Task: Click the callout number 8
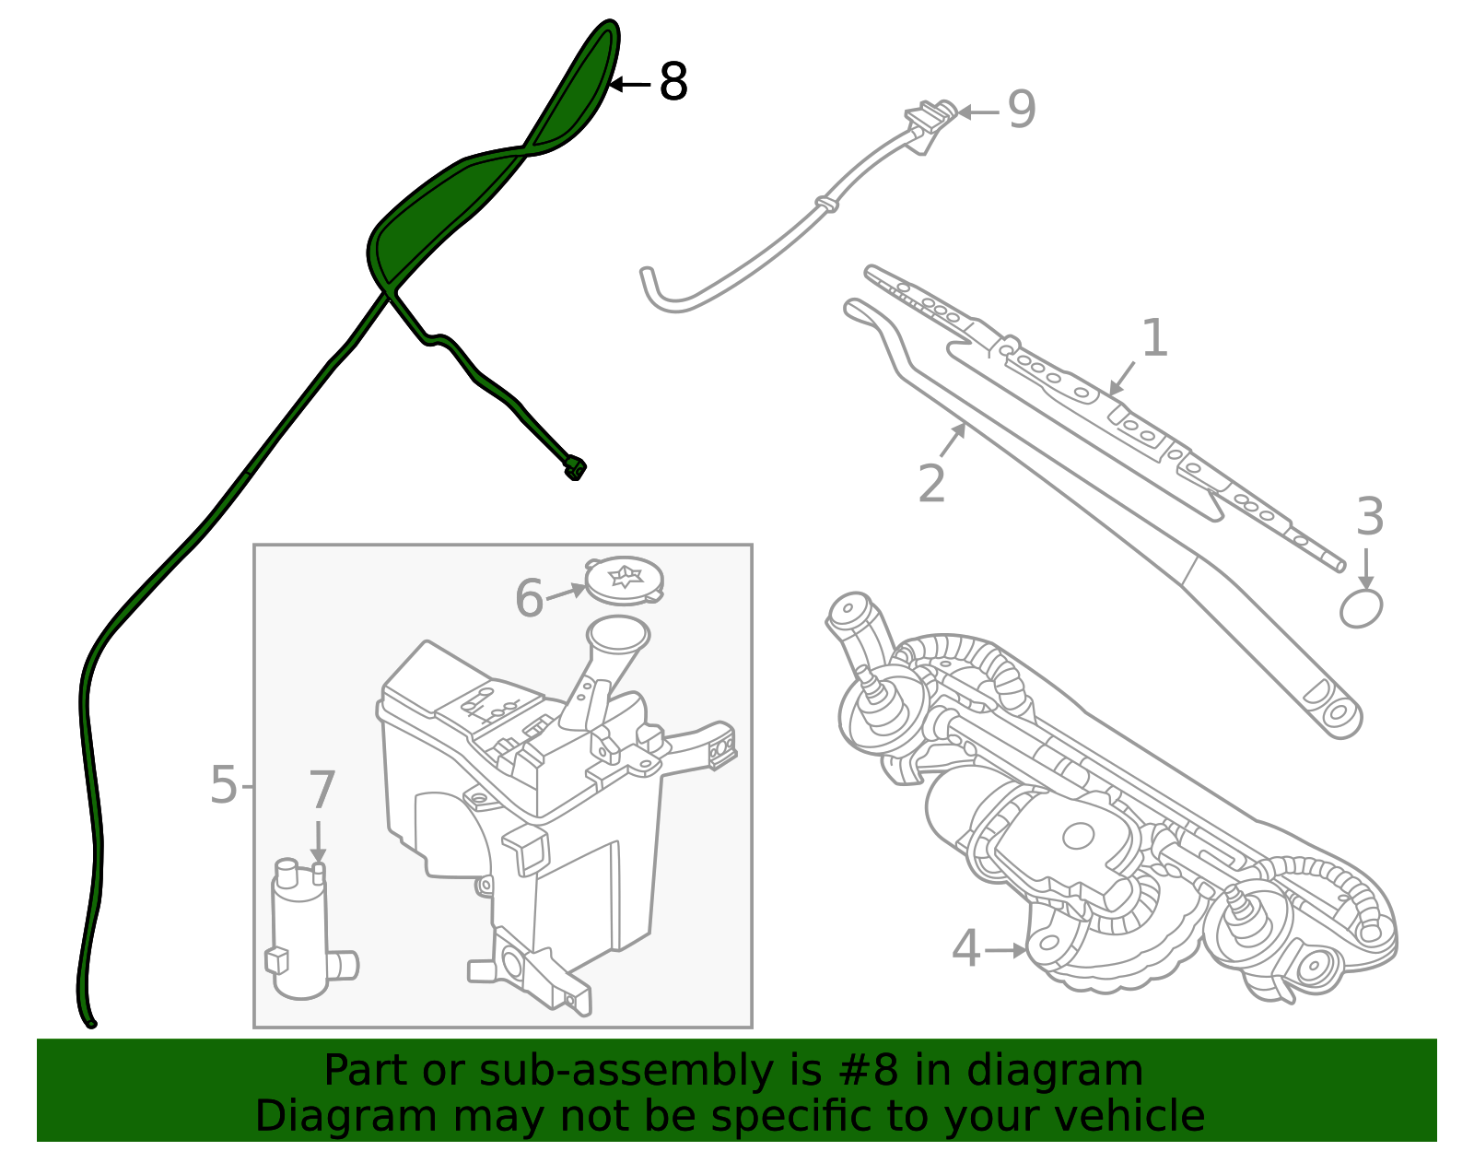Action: tap(673, 83)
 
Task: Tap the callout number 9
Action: tap(1021, 110)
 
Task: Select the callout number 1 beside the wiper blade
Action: tap(1154, 338)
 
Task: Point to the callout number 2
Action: tap(931, 484)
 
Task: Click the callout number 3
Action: tap(1370, 517)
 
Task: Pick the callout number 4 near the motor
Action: tap(965, 949)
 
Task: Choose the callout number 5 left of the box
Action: tap(223, 785)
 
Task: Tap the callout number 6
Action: tap(529, 598)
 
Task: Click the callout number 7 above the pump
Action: tap(322, 791)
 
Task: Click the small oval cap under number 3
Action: tap(1361, 609)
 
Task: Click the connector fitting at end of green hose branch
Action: tap(575, 469)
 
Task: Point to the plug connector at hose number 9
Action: tap(929, 118)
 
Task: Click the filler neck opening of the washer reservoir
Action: tap(617, 633)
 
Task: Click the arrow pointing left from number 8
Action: tap(630, 84)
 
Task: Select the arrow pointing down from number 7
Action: tap(318, 841)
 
